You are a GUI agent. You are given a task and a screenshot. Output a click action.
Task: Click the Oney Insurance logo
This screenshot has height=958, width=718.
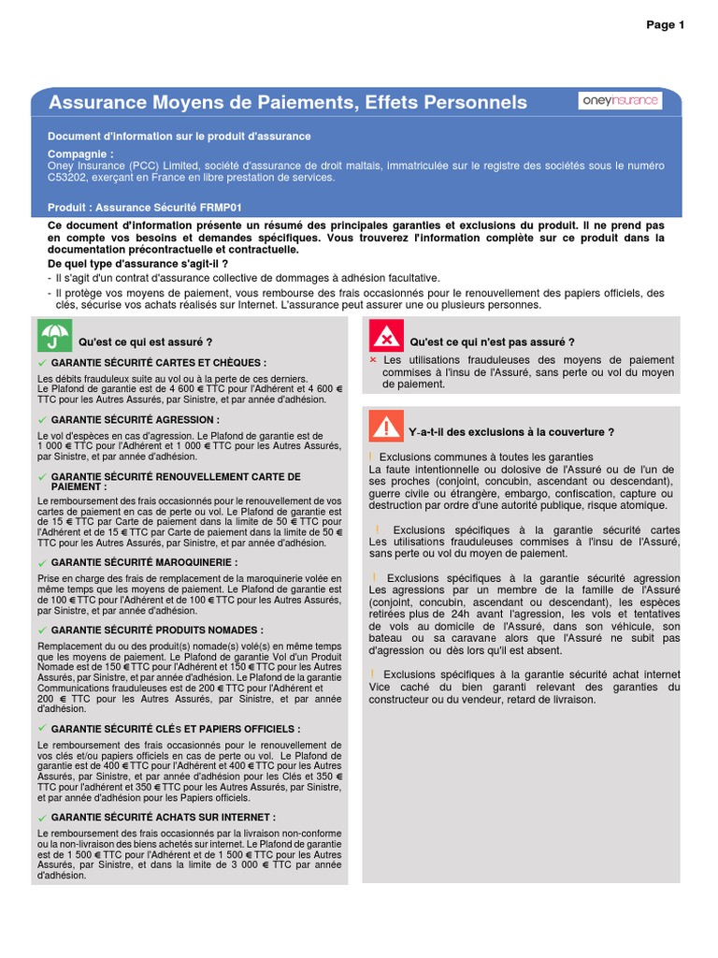620,101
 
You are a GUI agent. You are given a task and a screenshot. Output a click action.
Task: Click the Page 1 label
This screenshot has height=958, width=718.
666,25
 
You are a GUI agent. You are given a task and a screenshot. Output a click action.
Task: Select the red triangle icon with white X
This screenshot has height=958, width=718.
386,336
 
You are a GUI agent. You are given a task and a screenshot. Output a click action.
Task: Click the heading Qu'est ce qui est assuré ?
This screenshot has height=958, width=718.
146,342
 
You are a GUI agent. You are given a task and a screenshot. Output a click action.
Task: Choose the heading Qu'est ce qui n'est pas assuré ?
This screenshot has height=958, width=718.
492,342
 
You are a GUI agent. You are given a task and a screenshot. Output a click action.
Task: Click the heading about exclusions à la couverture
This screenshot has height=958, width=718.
511,432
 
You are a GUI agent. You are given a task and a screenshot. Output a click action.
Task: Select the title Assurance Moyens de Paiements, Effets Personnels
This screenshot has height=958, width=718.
288,102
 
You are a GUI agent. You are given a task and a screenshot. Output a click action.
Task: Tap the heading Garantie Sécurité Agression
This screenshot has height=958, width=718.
136,420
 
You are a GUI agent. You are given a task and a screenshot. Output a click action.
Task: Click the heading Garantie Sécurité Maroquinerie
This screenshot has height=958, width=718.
144,562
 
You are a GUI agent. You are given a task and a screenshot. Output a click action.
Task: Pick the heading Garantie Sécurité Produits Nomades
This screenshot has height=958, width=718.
157,631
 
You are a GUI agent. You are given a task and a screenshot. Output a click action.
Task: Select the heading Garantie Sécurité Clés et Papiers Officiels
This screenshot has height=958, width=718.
176,729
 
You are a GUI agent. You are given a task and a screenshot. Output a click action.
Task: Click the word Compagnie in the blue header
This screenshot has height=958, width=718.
80,153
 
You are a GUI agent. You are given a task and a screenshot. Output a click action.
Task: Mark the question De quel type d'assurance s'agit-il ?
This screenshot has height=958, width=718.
138,264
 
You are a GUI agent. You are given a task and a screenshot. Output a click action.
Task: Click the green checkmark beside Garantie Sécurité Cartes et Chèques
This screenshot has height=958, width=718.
42,363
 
